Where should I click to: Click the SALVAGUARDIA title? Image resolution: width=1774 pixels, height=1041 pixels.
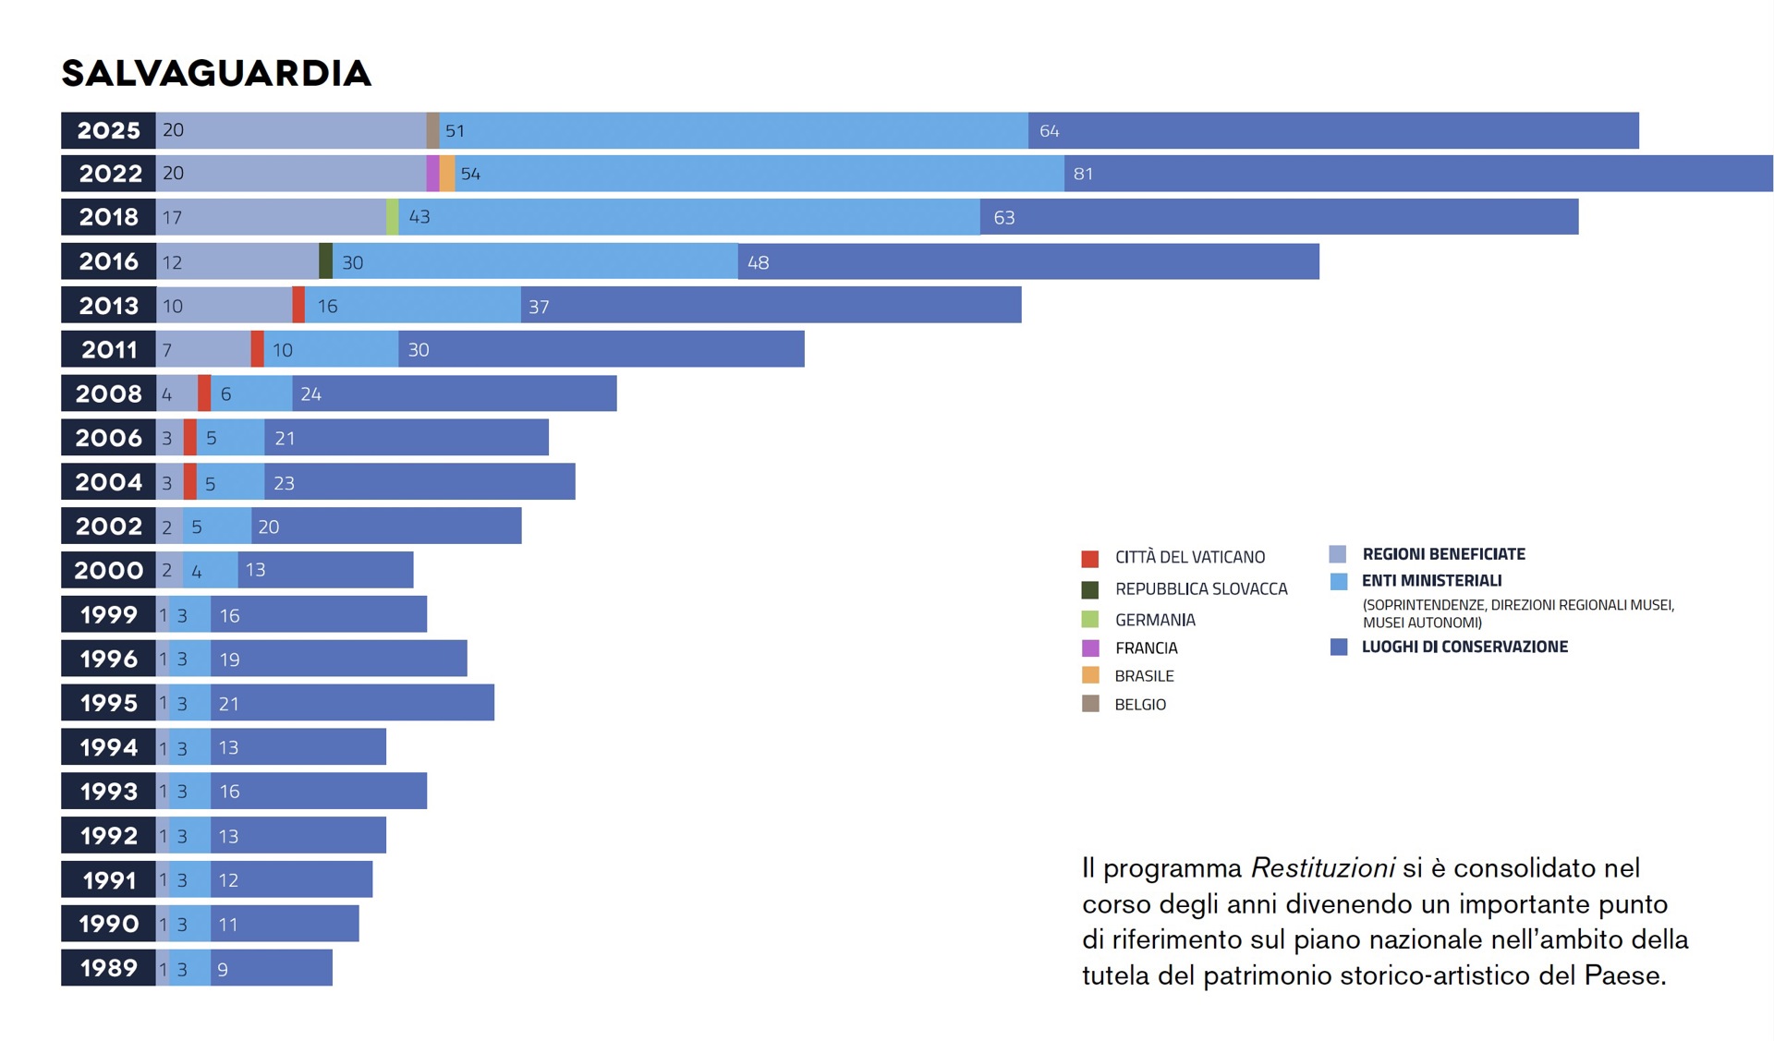(216, 74)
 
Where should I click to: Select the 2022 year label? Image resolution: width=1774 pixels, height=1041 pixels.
(110, 174)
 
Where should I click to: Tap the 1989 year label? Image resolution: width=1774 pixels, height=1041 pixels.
(109, 968)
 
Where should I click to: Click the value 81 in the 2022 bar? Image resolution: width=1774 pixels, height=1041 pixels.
(1083, 174)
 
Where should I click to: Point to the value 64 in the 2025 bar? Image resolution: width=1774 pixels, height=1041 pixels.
(1049, 131)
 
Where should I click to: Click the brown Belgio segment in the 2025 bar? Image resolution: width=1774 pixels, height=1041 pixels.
(432, 131)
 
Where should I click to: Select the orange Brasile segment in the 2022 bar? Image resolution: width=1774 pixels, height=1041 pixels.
(447, 174)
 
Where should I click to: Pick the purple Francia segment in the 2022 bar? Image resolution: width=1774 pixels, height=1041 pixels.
(432, 174)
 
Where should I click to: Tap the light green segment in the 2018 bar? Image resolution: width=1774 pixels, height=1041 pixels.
(393, 217)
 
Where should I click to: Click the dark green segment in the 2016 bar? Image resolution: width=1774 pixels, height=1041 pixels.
(325, 261)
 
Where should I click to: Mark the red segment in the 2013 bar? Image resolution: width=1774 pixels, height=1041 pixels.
(298, 306)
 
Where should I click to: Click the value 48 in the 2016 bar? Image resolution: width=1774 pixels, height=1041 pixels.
(758, 262)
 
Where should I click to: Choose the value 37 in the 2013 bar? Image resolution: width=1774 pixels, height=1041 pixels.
(539, 307)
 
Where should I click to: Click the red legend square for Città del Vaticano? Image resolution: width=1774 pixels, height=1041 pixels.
(1090, 559)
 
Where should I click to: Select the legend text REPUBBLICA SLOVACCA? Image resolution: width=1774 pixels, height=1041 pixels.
(1200, 589)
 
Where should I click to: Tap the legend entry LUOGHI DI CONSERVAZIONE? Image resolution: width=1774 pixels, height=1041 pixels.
(1464, 648)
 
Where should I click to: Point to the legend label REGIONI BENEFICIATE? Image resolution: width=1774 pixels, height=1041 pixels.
(1443, 554)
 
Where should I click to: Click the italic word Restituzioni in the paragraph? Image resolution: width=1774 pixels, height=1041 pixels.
(1322, 868)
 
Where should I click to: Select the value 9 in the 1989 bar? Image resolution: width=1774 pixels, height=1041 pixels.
(223, 969)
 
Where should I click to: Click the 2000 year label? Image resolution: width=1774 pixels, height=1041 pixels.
(109, 571)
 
